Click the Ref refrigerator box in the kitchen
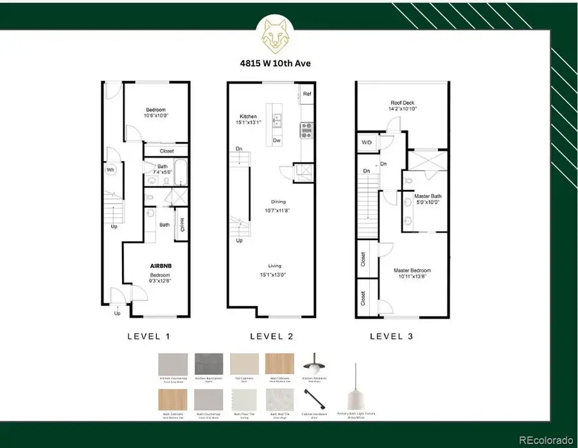tap(307, 94)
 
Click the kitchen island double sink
tap(277, 121)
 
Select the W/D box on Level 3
tap(367, 142)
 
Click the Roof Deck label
tap(404, 103)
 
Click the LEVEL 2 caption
tap(273, 336)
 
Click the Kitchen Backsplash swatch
tap(209, 365)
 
